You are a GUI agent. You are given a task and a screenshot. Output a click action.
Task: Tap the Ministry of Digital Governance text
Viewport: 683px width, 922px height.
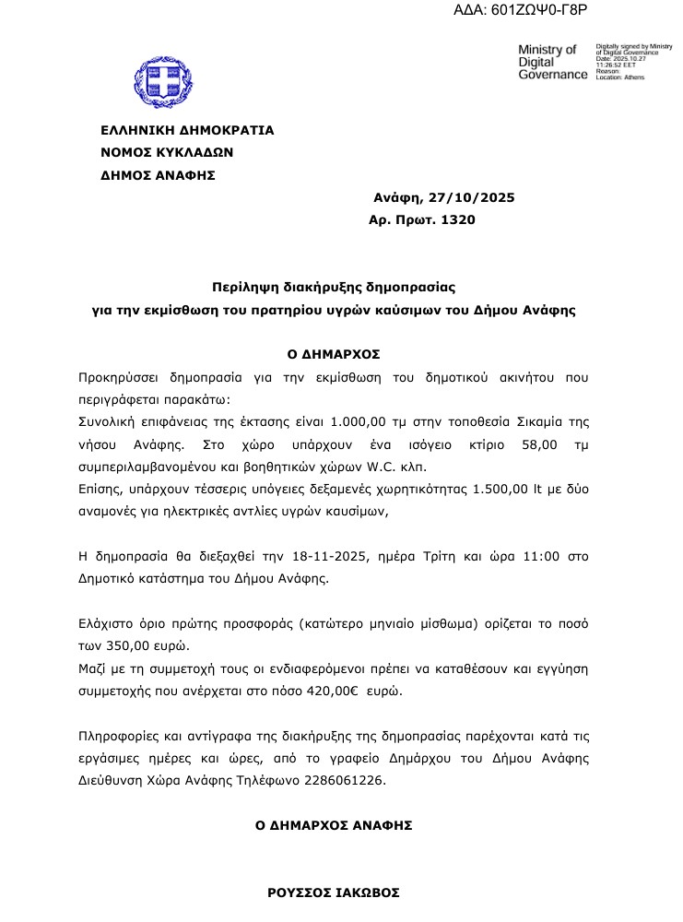552,61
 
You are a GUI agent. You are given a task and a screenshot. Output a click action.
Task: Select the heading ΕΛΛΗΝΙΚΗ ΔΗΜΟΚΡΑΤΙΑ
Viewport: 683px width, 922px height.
187,130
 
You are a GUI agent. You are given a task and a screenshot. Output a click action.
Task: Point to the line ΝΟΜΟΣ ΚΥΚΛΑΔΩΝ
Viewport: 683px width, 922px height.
167,152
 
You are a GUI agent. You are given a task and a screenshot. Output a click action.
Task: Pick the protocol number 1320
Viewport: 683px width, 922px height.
459,219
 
